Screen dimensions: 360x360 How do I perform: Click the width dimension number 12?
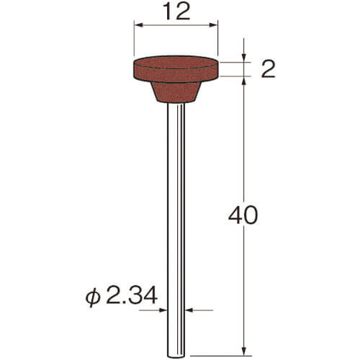177,12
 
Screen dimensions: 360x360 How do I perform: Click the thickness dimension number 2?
268,70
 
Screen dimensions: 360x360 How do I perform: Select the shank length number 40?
243,215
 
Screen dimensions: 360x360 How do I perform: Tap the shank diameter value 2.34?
132,294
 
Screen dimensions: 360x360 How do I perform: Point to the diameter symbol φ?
93,297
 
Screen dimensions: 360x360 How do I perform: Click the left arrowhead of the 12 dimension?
138,25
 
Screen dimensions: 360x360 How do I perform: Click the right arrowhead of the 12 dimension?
213,25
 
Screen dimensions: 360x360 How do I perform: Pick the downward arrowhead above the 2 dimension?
244,58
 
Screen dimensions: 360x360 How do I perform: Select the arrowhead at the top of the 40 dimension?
244,81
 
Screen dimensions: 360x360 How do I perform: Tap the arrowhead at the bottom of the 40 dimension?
244,351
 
